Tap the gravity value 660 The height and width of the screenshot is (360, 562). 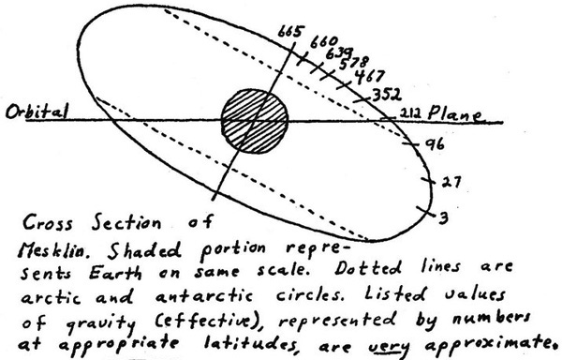pyautogui.click(x=323, y=43)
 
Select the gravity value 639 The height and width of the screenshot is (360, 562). pyautogui.click(x=339, y=53)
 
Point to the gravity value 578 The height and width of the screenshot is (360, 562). pyautogui.click(x=354, y=64)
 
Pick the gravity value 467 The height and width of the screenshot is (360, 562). pyautogui.click(x=370, y=77)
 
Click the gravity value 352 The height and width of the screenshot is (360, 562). pyautogui.click(x=387, y=95)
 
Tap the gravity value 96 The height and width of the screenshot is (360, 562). pyautogui.click(x=435, y=144)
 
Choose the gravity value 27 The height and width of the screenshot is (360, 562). pyautogui.click(x=451, y=182)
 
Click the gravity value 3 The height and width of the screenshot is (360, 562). pyautogui.click(x=443, y=217)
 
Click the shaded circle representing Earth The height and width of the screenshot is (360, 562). pyautogui.click(x=255, y=121)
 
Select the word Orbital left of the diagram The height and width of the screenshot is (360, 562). pyautogui.click(x=37, y=112)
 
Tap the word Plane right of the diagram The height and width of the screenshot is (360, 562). pyautogui.click(x=455, y=113)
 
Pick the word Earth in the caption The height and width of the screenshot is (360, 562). pyautogui.click(x=115, y=273)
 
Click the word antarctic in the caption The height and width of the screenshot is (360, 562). pyautogui.click(x=204, y=296)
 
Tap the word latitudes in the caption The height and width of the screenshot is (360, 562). pyautogui.click(x=250, y=344)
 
